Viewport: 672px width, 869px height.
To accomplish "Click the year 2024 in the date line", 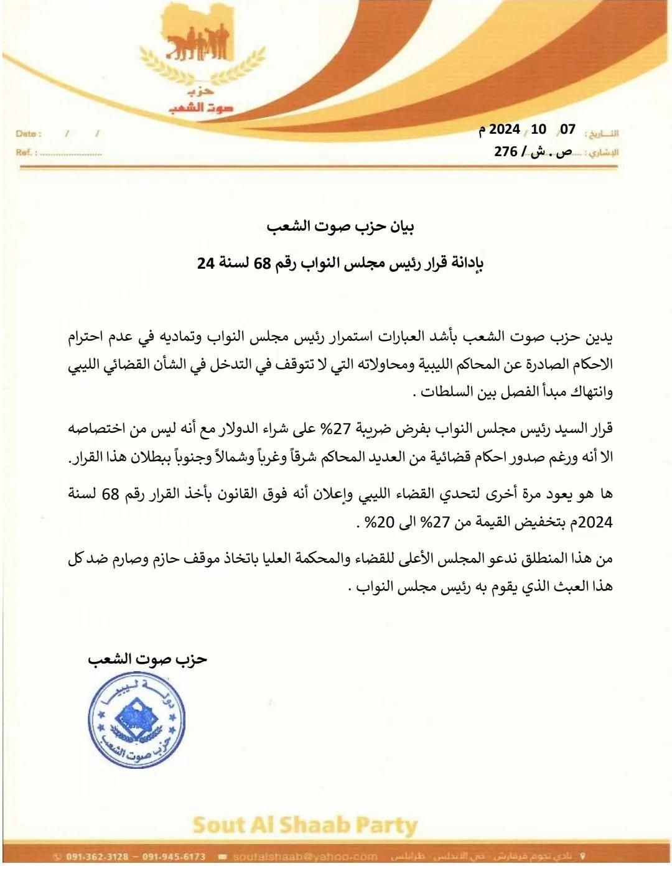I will [x=504, y=130].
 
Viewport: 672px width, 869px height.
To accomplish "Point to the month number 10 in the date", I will [x=539, y=129].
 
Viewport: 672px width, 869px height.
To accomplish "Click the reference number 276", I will [x=506, y=152].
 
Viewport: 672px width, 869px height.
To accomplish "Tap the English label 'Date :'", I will [x=29, y=134].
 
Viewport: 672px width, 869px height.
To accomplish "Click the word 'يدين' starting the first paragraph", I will [x=600, y=337].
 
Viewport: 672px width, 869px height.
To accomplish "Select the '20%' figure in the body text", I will [x=381, y=523].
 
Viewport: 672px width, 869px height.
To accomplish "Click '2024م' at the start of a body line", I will [x=595, y=523].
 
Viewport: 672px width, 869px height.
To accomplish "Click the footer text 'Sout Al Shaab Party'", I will [x=304, y=826].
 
